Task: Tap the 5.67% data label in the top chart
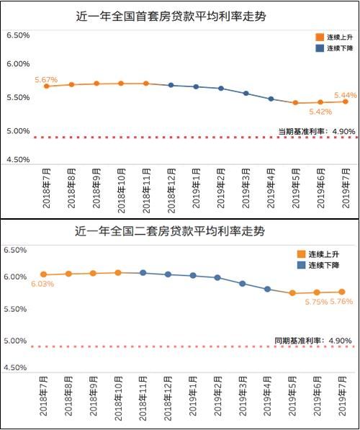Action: coord(45,80)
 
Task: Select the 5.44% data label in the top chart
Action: coord(345,95)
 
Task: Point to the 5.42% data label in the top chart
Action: coord(320,112)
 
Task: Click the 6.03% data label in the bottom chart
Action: coord(42,285)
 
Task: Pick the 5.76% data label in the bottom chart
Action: coord(341,302)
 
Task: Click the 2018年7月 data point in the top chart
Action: coord(47,86)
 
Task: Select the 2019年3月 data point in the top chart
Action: coord(246,94)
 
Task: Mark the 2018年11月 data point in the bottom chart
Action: coord(143,273)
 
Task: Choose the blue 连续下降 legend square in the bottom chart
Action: coord(301,265)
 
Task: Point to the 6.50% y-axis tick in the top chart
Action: coord(17,35)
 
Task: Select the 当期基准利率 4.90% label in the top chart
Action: coord(315,131)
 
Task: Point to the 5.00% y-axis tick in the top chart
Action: coord(17,131)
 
